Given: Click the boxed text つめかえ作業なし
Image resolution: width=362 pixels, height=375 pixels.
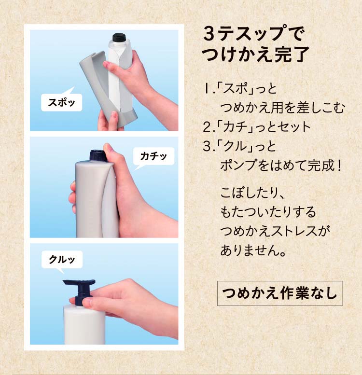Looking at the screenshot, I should tap(279, 293).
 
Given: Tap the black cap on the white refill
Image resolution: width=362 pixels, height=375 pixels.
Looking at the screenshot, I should tap(119, 37).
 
